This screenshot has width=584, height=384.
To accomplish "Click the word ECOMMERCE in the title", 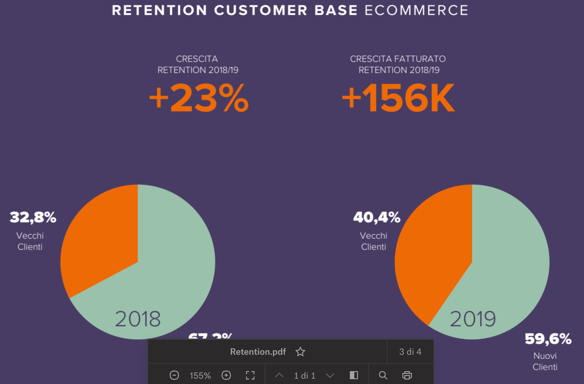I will point(416,10).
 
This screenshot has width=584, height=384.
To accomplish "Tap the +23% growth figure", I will point(199,98).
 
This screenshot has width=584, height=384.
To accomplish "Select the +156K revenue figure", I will point(398,98).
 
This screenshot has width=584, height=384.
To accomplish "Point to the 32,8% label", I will point(33,217).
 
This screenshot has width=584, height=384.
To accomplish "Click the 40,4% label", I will point(377,217).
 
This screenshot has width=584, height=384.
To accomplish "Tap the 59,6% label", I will point(548,339).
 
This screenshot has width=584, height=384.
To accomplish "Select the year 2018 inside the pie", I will point(138,319).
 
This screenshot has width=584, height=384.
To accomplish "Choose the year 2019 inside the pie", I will point(473,319).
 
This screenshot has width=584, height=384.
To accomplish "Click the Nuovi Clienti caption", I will point(545,361).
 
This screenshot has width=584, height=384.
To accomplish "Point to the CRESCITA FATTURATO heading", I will point(398,59).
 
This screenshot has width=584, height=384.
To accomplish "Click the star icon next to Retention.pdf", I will point(300,352).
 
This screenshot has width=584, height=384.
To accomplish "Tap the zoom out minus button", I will point(174,375).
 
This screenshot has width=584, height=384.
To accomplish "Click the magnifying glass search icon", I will point(383,375).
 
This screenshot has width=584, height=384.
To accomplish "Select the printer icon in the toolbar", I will point(407,375).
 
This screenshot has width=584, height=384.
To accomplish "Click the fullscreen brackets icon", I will point(250,375).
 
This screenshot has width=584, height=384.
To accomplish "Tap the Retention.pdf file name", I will point(258,352).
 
